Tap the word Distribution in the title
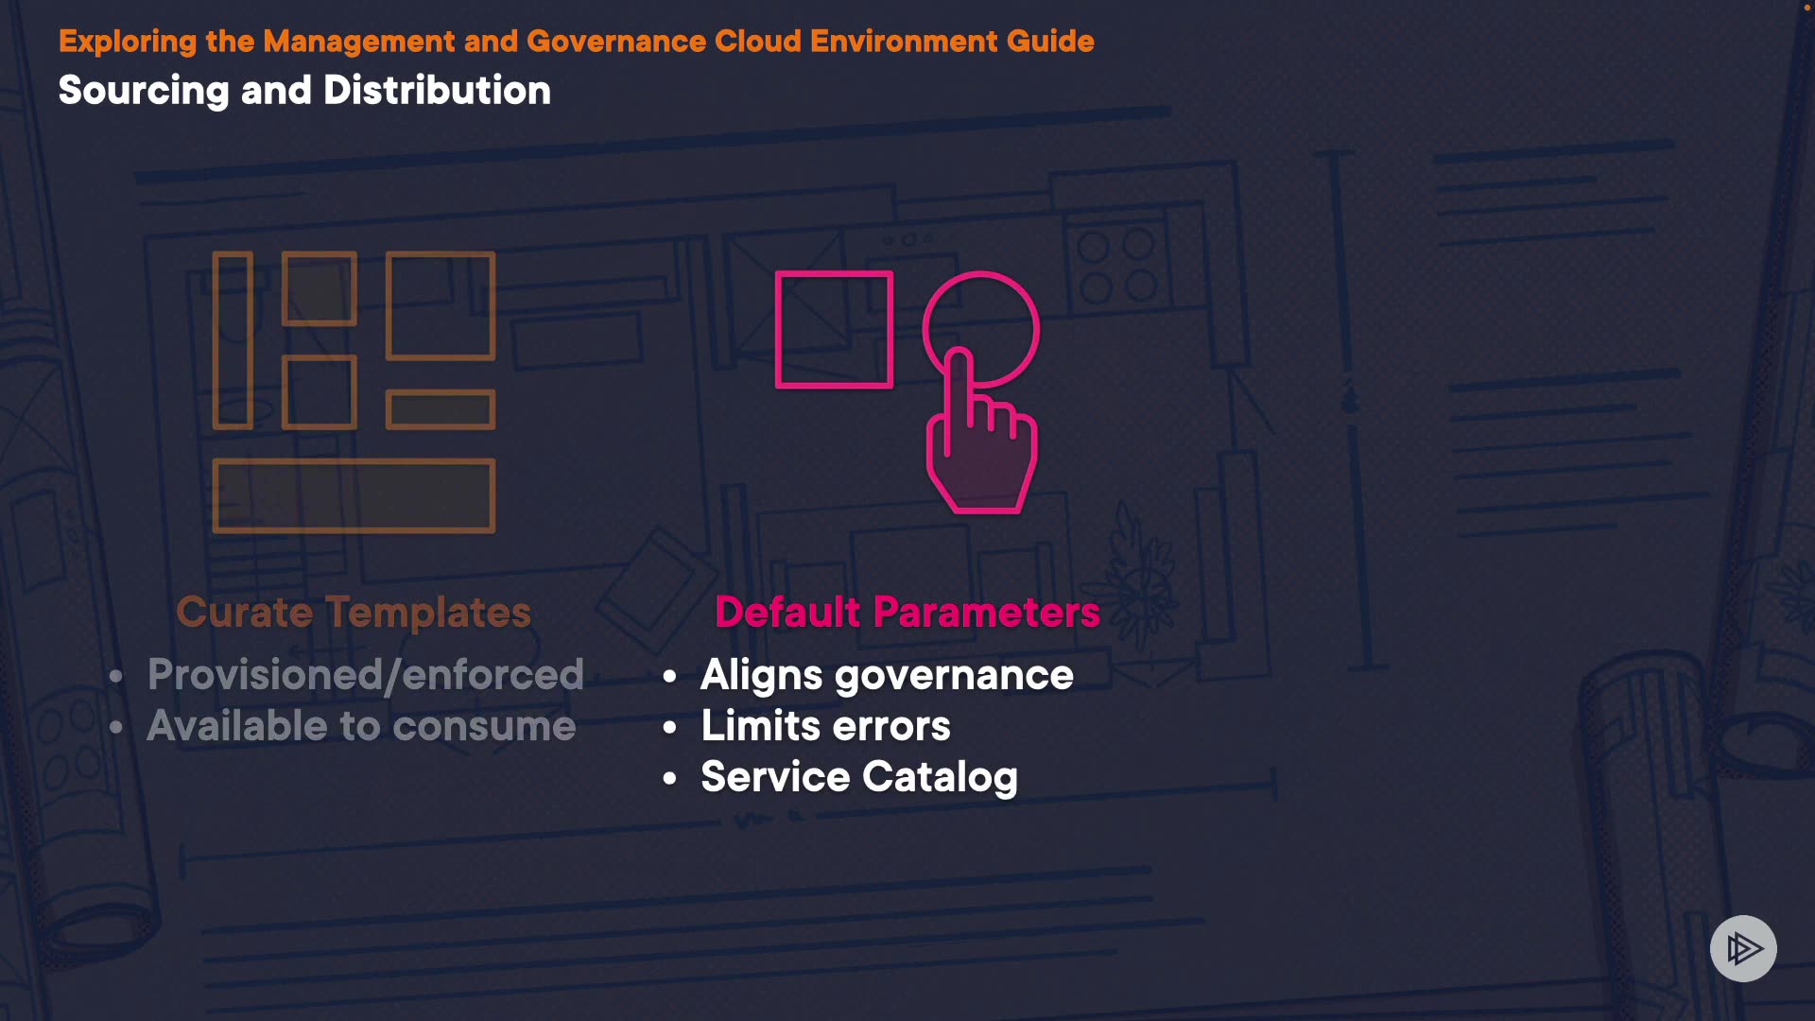(x=437, y=91)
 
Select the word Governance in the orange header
(x=616, y=42)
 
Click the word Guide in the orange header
(x=1050, y=42)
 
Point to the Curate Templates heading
(x=354, y=613)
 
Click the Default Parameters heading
(x=907, y=613)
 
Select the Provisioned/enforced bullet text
(x=366, y=675)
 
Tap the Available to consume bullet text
(x=361, y=726)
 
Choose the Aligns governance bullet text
(x=887, y=675)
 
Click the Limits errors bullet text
(x=825, y=726)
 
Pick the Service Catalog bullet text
(x=859, y=777)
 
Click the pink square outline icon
(x=834, y=330)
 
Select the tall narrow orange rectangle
(x=233, y=340)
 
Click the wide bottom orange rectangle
(x=354, y=495)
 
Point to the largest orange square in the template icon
(x=441, y=305)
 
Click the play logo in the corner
(x=1743, y=948)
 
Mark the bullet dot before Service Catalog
(x=670, y=779)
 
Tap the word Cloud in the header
(x=758, y=42)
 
